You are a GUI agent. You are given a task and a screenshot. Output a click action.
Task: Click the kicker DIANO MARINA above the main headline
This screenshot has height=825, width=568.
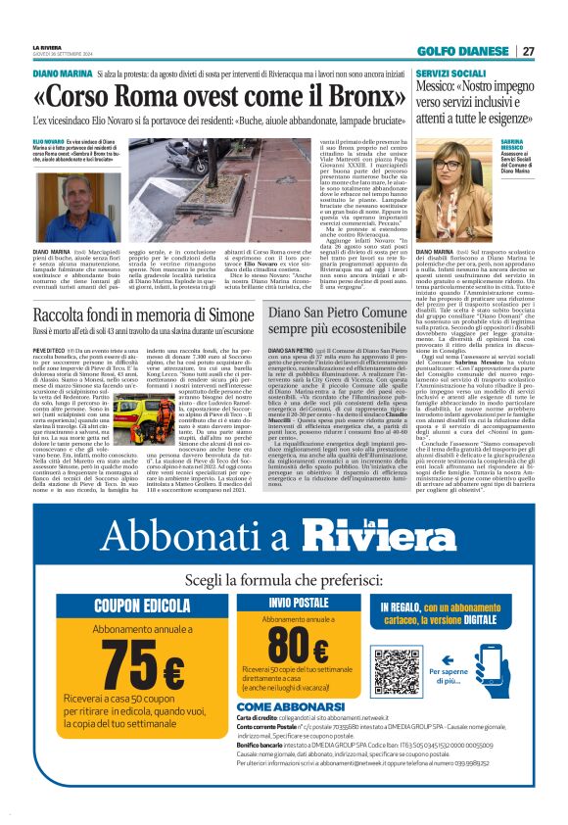pyautogui.click(x=63, y=74)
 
